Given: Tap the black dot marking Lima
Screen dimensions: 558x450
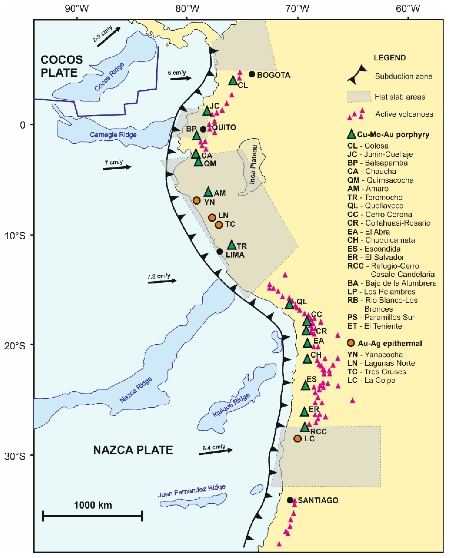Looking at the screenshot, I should point(220,251).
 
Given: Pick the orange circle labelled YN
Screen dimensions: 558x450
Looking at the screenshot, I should point(197,200).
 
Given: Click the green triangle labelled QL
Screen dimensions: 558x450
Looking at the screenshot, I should point(290,305).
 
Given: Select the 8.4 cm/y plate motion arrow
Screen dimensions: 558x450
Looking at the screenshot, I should point(216,451).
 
